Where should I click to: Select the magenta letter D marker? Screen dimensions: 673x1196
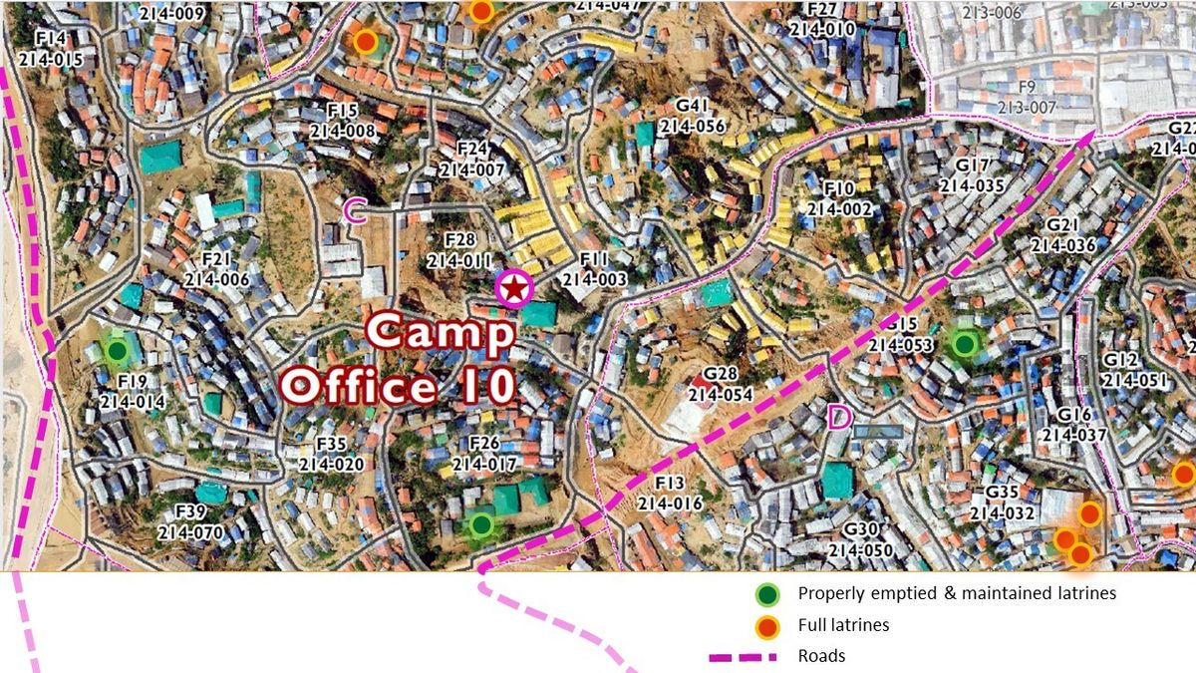pyautogui.click(x=839, y=418)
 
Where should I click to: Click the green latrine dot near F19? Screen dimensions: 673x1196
pyautogui.click(x=117, y=350)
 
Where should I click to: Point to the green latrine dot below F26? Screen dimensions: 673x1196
pyautogui.click(x=481, y=523)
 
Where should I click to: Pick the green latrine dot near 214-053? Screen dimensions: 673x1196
pyautogui.click(x=964, y=344)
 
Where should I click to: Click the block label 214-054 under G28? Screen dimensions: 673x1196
pyautogui.click(x=720, y=394)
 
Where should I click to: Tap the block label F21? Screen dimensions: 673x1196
pyautogui.click(x=216, y=260)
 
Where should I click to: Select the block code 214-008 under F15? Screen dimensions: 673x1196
pyautogui.click(x=342, y=131)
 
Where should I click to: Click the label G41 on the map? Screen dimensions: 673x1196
pyautogui.click(x=691, y=107)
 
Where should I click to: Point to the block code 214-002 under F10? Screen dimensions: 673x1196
pyautogui.click(x=839, y=209)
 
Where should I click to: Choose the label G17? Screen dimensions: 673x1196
pyautogui.click(x=971, y=166)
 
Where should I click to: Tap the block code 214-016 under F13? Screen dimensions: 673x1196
pyautogui.click(x=670, y=504)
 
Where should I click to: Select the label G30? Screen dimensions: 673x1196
pyautogui.click(x=860, y=529)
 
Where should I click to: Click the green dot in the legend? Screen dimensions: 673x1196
pyautogui.click(x=766, y=595)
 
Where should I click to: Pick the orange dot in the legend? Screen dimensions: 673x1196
pyautogui.click(x=766, y=627)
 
